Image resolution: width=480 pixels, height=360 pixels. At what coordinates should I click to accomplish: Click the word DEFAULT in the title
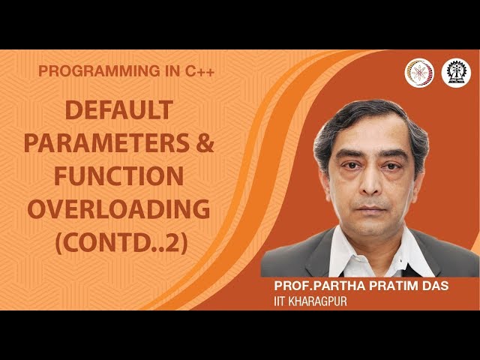point(118,111)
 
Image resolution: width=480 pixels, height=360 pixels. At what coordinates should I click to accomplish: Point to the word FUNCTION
point(118,175)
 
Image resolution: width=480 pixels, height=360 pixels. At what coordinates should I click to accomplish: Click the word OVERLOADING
point(118,208)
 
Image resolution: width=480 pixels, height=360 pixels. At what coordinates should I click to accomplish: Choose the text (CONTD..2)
point(118,241)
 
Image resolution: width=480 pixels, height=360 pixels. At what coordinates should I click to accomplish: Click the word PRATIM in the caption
point(391,288)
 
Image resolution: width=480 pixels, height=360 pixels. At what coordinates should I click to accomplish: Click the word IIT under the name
point(282,301)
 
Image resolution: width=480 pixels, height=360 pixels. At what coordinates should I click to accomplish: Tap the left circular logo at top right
point(419,72)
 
